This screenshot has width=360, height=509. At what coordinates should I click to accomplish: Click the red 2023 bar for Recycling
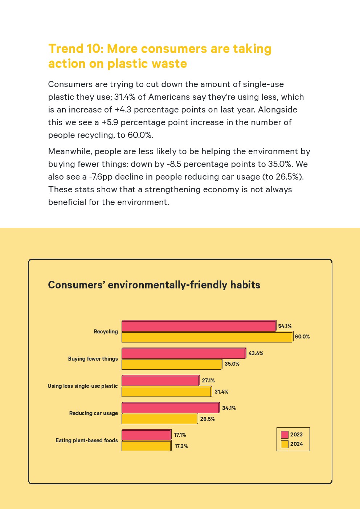[199, 326]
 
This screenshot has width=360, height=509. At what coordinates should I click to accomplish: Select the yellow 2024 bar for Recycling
[207, 337]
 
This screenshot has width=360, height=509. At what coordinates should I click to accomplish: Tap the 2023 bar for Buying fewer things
[183, 353]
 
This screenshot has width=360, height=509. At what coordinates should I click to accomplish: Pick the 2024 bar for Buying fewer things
[171, 364]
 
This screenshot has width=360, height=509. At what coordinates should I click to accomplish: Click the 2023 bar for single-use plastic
[160, 381]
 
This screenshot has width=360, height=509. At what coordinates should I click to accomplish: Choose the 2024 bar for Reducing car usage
[159, 419]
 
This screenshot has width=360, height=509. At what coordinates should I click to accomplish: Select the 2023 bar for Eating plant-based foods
[146, 435]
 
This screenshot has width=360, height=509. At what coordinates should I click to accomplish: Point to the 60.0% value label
[302, 337]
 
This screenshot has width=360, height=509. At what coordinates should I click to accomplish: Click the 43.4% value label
[256, 353]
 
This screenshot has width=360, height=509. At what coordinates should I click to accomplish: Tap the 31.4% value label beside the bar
[221, 392]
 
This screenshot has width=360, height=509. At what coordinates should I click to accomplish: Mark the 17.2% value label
[181, 446]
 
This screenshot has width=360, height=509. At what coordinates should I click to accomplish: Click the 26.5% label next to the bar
[207, 419]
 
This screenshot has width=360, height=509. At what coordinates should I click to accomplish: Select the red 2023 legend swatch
[285, 435]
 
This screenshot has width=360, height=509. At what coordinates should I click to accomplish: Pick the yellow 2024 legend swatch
[285, 444]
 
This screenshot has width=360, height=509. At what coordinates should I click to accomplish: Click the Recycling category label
[106, 332]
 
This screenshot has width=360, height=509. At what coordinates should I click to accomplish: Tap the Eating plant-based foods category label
[87, 440]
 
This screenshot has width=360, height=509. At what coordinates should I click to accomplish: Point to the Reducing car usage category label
[94, 413]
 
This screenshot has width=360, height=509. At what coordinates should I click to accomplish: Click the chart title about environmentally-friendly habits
[154, 285]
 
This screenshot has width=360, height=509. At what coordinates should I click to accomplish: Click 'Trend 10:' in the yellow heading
[76, 49]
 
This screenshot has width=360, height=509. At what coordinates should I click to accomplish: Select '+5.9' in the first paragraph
[110, 122]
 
